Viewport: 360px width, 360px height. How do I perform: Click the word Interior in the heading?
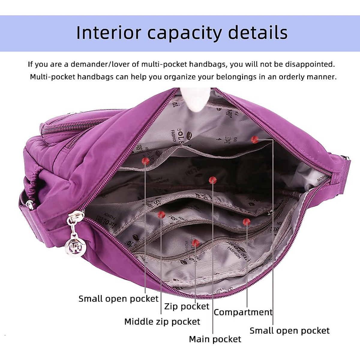[108, 33]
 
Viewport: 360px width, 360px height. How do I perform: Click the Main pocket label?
[215, 339]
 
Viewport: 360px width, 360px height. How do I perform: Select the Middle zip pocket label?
[162, 322]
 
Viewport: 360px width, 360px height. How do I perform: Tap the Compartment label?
[243, 312]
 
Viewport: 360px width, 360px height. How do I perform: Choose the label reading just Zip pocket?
[187, 306]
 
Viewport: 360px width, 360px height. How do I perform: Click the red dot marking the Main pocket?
[212, 180]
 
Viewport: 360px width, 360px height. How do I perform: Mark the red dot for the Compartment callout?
[247, 222]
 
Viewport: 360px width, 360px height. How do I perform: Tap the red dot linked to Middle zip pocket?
[161, 214]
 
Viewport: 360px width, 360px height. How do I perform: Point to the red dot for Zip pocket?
[196, 243]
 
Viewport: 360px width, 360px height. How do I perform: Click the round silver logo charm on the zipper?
[73, 247]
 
